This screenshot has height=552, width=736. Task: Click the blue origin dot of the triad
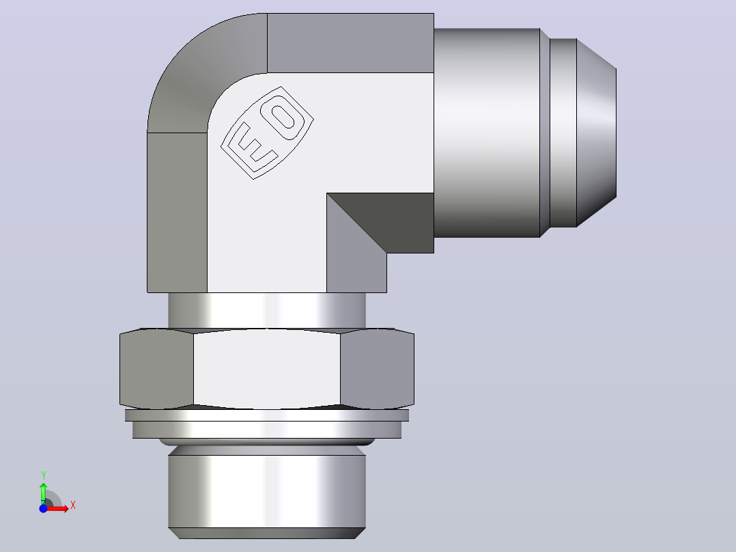(43, 509)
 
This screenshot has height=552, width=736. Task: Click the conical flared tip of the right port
(596, 133)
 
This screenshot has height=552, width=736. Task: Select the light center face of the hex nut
(266, 369)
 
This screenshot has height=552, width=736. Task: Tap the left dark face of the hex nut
(156, 369)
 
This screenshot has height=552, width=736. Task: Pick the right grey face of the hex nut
(378, 369)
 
